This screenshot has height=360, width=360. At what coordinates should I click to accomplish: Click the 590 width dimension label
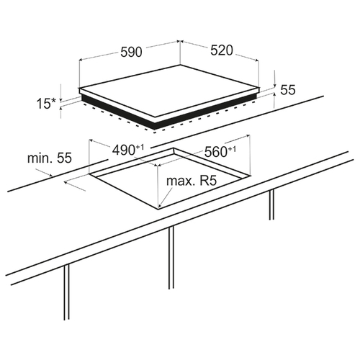(x=131, y=52)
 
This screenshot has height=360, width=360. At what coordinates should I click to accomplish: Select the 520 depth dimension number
(x=222, y=50)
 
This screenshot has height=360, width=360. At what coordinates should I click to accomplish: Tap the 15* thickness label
(x=46, y=104)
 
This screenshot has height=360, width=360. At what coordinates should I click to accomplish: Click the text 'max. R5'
(x=192, y=181)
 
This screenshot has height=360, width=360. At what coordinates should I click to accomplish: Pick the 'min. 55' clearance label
(x=50, y=158)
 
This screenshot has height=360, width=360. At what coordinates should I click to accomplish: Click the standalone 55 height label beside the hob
(x=288, y=90)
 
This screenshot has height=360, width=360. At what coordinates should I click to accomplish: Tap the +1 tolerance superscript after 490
(x=140, y=147)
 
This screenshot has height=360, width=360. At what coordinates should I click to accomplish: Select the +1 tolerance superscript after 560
(x=232, y=149)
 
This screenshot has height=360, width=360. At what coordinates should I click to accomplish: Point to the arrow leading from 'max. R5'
(x=166, y=197)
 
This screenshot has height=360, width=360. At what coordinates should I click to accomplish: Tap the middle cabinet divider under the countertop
(x=171, y=258)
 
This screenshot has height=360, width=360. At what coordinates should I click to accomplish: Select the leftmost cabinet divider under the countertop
(x=67, y=292)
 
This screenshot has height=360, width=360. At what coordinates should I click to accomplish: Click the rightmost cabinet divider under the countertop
(x=271, y=204)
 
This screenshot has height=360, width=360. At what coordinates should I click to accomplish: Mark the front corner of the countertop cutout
(x=158, y=208)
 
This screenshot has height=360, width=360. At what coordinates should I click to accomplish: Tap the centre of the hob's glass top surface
(x=169, y=91)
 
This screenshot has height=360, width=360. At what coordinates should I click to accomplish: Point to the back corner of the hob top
(x=180, y=66)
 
